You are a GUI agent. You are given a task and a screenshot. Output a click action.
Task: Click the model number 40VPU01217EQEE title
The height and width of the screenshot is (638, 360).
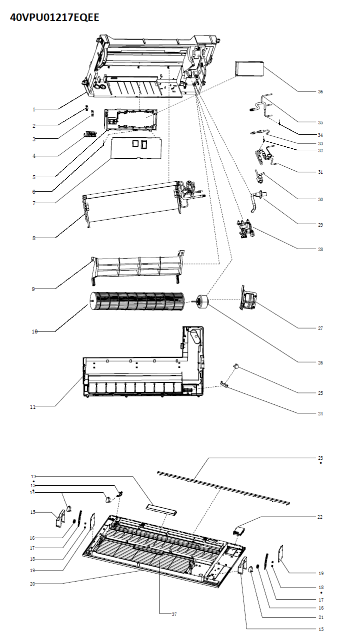[54, 17]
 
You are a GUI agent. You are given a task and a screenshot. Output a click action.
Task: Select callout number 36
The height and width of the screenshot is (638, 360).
[320, 92]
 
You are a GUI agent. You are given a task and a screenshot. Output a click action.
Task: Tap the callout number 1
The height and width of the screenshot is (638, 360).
[34, 109]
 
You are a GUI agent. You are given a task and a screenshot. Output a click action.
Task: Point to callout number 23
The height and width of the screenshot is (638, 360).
[320, 458]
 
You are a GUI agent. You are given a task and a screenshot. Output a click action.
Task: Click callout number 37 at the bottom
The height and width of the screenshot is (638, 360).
[174, 614]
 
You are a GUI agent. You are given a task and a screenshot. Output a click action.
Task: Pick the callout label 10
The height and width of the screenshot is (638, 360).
[34, 331]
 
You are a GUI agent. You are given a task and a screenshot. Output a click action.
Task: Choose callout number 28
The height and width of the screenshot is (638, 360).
[320, 249]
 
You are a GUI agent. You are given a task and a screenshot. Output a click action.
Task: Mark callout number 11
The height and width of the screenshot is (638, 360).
[33, 407]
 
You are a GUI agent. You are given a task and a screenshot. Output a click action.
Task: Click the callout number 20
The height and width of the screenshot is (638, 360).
[33, 583]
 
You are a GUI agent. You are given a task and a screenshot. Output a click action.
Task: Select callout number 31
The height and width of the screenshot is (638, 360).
[320, 172]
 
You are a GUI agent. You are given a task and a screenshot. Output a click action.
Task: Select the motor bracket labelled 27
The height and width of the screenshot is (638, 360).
[248, 298]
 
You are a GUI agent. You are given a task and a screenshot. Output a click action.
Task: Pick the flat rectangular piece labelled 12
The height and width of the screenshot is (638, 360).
[161, 509]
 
